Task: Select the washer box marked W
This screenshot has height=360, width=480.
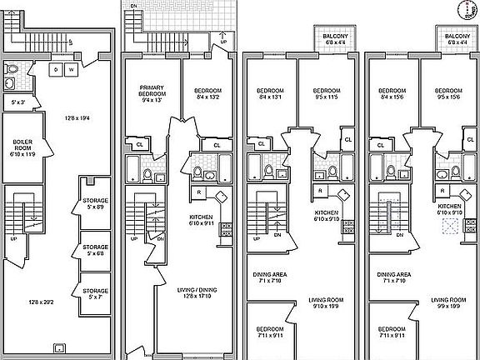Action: (72, 69)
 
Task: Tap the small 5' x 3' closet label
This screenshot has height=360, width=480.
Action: (17, 102)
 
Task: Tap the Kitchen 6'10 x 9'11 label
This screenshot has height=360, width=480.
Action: (203, 220)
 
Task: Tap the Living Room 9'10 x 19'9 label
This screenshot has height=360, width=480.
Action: (327, 302)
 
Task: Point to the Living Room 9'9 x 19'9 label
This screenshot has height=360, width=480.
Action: (447, 302)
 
